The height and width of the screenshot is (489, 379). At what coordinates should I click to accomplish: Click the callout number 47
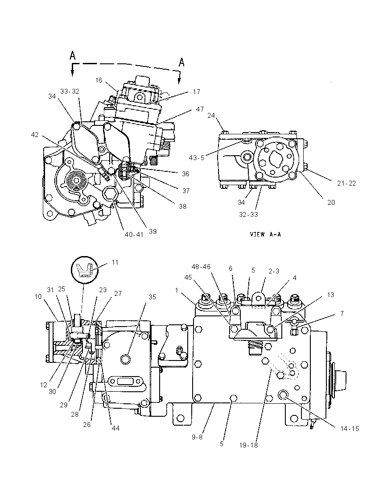(x=200, y=109)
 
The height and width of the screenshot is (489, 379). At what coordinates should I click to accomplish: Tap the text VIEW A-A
(x=265, y=234)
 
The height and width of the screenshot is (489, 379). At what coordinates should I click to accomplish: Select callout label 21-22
(x=346, y=183)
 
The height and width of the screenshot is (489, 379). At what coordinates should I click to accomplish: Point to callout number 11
(x=115, y=262)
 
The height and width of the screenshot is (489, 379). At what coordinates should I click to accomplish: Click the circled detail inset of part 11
(x=85, y=270)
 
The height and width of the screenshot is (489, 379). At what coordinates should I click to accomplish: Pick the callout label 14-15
(x=350, y=429)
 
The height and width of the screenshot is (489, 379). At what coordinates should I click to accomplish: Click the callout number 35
(x=152, y=297)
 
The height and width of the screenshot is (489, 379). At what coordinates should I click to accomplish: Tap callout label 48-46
(x=201, y=267)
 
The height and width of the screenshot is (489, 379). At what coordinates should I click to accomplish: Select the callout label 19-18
(x=248, y=445)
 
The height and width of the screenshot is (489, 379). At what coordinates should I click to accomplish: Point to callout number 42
(x=35, y=135)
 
